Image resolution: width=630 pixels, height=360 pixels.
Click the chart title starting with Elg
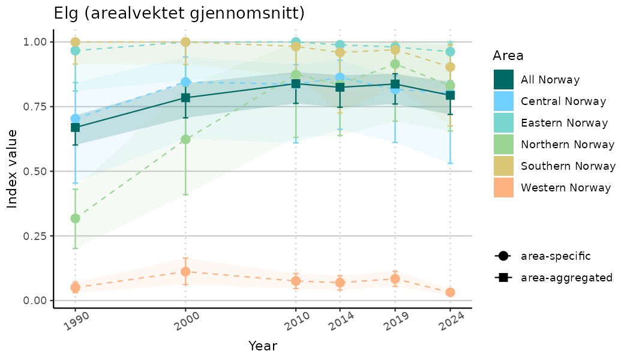pos(179,13)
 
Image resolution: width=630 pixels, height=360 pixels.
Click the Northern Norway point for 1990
pos(75,218)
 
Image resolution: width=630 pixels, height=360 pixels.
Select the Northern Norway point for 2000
pos(185,139)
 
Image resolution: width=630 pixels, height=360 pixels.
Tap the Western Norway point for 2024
pos(450,292)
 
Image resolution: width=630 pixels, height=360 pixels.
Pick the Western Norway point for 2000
pos(185,271)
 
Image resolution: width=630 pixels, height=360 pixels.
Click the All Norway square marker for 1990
pos(75,127)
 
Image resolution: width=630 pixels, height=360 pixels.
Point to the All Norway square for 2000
pos(185,98)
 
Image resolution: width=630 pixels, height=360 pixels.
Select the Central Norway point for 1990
pos(75,119)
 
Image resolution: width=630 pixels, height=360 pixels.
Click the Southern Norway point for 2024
pos(450,67)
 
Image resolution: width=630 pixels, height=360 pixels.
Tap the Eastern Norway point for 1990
pos(75,50)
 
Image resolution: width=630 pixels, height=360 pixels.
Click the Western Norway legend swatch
pos(503,188)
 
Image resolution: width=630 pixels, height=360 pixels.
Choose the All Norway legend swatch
pos(503,80)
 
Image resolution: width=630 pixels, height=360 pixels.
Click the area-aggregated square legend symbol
pos(502,278)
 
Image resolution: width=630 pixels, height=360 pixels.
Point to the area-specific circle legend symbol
pos(502,256)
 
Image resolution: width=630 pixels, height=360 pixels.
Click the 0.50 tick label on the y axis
pos(35,171)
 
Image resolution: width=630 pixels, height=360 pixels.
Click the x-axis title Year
pos(262,346)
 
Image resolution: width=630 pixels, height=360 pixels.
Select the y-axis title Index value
pos(12,169)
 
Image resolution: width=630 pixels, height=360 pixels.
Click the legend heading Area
pos(508,56)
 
